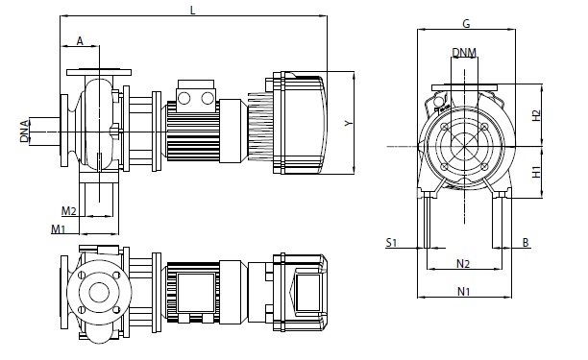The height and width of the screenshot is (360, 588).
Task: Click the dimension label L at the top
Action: coord(193,11)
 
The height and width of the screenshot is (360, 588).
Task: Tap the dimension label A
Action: coord(80,41)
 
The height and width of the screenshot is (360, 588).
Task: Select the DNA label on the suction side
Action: coord(25,132)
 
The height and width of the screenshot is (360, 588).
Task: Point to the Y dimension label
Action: coord(349,123)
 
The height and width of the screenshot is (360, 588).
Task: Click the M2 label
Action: coord(69,211)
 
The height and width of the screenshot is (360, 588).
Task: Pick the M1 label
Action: coord(58,228)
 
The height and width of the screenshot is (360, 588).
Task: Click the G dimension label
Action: coord(466,24)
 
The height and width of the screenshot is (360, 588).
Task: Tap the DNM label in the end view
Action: coord(464,53)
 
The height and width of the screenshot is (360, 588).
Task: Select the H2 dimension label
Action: coord(537,115)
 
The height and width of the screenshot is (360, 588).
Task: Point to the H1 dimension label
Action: coord(537,172)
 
